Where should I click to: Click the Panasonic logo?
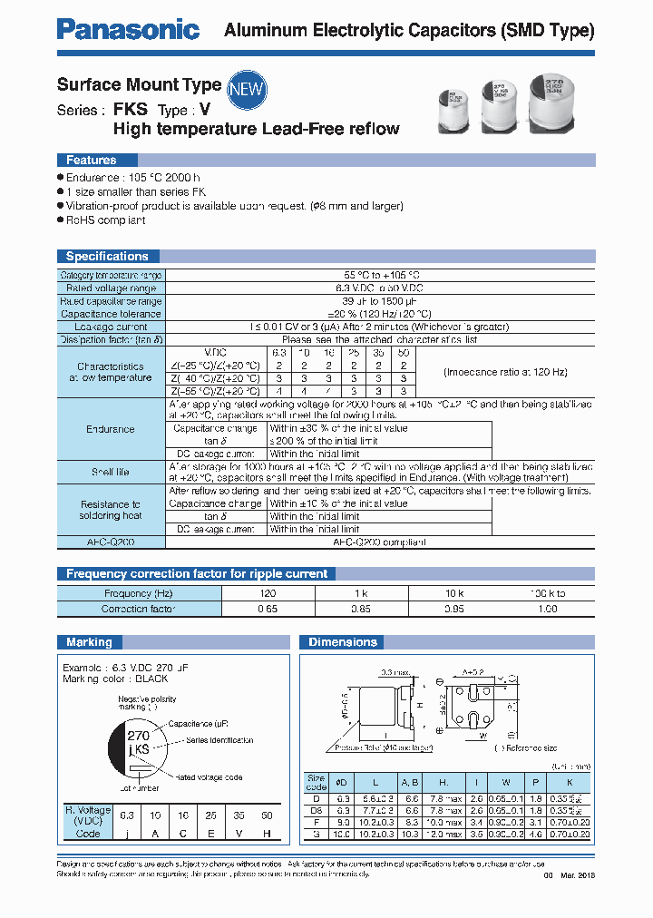click(x=128, y=29)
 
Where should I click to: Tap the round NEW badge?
click(x=245, y=88)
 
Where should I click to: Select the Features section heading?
click(x=91, y=161)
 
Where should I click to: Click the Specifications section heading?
click(x=107, y=257)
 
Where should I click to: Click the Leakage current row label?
click(x=111, y=327)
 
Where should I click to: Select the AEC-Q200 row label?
click(x=111, y=542)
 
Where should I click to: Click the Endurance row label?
click(x=111, y=428)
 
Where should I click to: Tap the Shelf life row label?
click(x=111, y=473)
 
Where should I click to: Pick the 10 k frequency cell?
click(x=455, y=593)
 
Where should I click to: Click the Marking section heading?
click(x=89, y=642)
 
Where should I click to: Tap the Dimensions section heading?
click(x=342, y=642)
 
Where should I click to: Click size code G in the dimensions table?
click(x=317, y=833)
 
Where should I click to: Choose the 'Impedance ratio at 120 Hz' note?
click(x=506, y=372)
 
